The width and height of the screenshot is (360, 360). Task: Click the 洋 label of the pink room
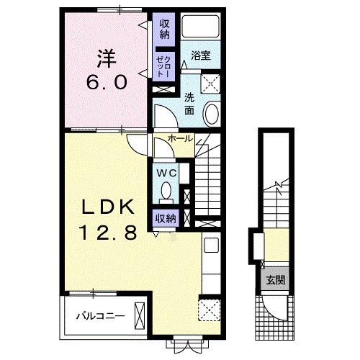(107, 59)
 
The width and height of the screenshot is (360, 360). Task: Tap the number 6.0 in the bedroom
(107, 82)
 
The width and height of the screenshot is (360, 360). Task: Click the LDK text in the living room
(108, 207)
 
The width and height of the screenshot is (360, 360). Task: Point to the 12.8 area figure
(109, 233)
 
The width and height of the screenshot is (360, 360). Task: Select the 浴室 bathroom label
(201, 55)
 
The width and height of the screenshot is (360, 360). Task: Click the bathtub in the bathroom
(200, 26)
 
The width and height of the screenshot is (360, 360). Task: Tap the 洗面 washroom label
(189, 104)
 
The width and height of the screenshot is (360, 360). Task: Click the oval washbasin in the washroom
(212, 113)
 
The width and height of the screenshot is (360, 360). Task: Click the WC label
(166, 173)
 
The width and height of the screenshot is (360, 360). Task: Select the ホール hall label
(181, 138)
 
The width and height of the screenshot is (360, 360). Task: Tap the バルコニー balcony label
(101, 316)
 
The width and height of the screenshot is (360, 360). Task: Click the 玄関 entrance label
(276, 280)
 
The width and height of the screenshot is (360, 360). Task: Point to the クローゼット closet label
(163, 67)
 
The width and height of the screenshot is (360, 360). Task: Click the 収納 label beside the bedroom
(165, 29)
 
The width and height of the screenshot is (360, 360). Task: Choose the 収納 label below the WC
(166, 218)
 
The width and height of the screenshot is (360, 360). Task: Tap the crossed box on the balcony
(140, 316)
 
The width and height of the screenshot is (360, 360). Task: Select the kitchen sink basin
(211, 245)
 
